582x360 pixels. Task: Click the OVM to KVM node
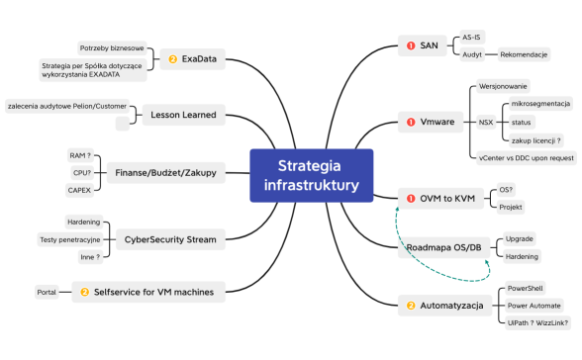click(x=438, y=198)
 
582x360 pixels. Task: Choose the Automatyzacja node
click(x=444, y=306)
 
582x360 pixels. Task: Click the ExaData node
click(x=198, y=58)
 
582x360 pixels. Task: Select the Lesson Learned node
click(x=184, y=115)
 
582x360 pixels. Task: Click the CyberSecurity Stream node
click(x=170, y=237)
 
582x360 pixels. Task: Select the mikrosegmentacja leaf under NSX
click(x=539, y=104)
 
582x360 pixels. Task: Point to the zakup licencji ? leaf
click(x=537, y=139)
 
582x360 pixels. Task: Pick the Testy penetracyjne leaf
click(x=67, y=238)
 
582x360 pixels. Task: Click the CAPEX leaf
click(x=79, y=189)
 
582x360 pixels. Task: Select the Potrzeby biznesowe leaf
click(x=113, y=47)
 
